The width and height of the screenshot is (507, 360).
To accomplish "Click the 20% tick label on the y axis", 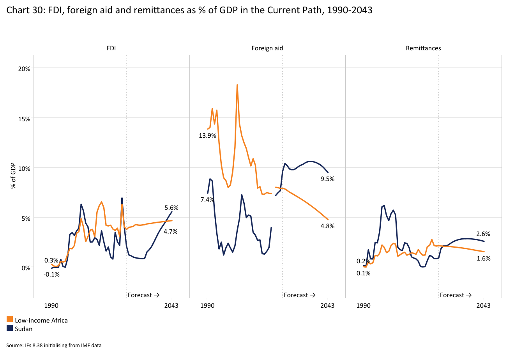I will (x=25, y=68).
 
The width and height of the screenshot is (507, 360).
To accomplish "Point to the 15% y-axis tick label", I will (x=25, y=118).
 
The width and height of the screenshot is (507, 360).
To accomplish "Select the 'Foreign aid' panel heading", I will (x=267, y=48).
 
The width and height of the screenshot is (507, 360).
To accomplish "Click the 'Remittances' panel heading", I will (x=423, y=48).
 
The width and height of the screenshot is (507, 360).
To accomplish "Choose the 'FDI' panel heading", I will (x=111, y=48).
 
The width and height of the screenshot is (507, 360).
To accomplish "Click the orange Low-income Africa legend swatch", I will (x=10, y=320).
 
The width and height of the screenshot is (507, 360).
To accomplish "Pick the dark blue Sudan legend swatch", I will (x=10, y=329).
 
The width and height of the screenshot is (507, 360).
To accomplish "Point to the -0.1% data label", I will (x=51, y=274).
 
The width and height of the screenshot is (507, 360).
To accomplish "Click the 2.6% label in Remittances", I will (x=483, y=234).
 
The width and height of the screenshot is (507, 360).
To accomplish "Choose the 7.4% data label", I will (x=207, y=200).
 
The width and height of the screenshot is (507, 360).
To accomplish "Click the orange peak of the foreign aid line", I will (x=237, y=85).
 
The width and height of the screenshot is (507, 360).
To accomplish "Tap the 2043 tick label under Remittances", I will (x=484, y=306).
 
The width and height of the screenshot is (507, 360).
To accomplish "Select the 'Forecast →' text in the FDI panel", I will (x=143, y=295).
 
